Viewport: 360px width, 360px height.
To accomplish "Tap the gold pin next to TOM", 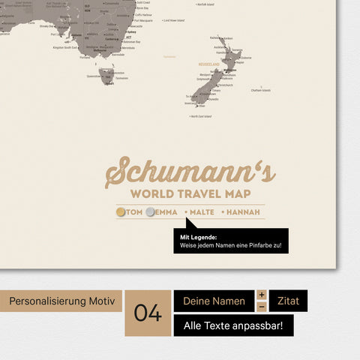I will click(121, 212).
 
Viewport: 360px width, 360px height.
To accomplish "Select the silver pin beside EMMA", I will click(151, 212).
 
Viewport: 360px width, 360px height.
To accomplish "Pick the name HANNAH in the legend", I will click(243, 212).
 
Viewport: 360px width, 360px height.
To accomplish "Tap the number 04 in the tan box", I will click(148, 313).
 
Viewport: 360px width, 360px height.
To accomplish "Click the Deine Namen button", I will click(214, 301).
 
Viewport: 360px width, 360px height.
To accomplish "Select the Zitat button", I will click(288, 301).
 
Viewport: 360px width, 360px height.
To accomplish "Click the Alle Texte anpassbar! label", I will click(232, 325).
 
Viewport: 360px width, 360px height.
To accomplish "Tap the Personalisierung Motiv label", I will click(61, 301).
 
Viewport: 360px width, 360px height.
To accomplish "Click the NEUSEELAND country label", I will click(210, 65).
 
